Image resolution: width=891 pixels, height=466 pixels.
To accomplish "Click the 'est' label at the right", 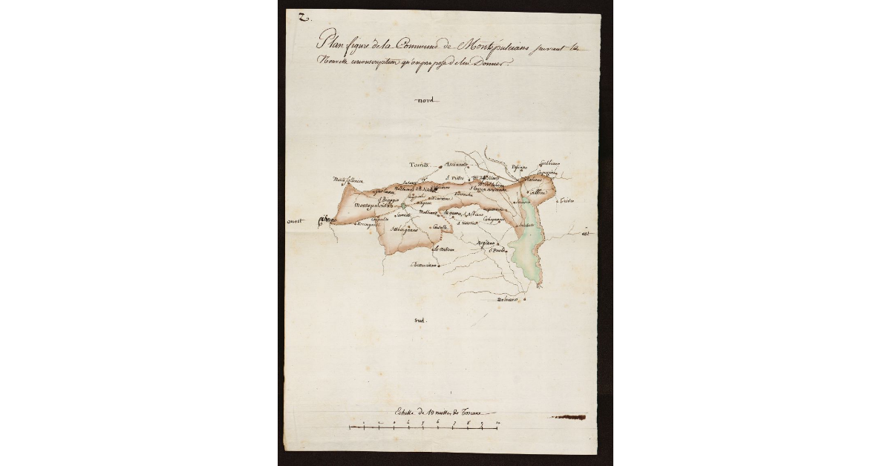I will click(585, 237).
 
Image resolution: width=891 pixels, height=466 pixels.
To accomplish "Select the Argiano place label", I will click(486, 243).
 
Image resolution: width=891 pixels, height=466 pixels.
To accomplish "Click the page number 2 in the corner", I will click(302, 18).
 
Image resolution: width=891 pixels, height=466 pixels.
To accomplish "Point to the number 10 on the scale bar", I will click(497, 423).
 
